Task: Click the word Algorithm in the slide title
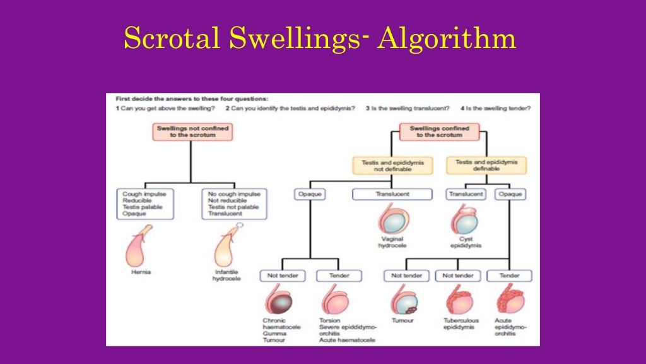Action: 447,39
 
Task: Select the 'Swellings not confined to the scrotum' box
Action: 191,131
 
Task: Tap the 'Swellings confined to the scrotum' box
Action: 439,131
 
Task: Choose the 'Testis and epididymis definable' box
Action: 486,166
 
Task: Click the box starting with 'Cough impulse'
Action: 144,203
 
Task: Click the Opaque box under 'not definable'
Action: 310,195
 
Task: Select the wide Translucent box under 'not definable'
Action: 392,195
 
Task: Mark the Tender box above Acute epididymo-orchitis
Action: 508,276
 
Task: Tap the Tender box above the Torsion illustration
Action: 338,276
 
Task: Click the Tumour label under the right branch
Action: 402,320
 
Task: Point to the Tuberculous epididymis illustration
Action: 458,300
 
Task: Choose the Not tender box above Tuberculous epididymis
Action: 458,276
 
